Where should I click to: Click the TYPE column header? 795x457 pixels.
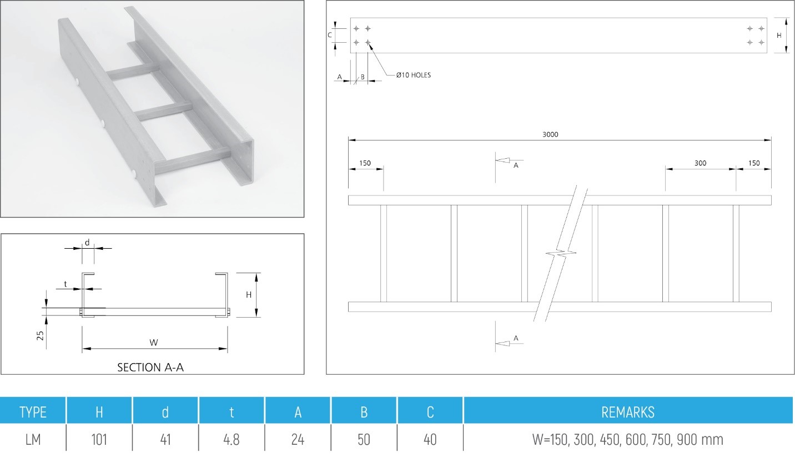coord(33,412)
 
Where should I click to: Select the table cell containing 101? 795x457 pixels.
coord(99,440)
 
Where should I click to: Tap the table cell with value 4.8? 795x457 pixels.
coord(232,440)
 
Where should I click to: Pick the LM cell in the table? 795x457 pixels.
coord(33,440)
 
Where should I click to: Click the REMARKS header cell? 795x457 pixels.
coord(628,412)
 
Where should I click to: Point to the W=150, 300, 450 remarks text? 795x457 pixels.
coord(628,440)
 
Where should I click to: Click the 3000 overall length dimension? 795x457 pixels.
coord(550,134)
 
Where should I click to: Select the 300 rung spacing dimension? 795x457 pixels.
coord(700,163)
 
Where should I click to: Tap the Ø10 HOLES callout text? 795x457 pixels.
coord(413,75)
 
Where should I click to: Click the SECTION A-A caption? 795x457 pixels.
coord(150,367)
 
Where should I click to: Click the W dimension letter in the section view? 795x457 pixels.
coord(154,343)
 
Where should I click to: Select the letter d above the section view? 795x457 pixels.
coord(87,242)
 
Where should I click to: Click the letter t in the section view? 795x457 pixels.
coord(66,284)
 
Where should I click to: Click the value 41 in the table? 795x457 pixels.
coord(165,440)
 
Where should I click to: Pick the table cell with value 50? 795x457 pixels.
coord(364,440)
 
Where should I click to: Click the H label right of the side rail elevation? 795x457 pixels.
coord(778,34)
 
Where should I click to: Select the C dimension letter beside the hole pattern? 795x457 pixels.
coord(329,34)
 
